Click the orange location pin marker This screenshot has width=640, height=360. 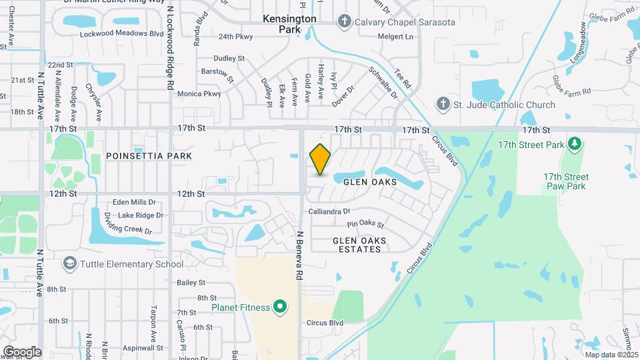(321, 159)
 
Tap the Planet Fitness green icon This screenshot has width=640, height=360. (280, 307)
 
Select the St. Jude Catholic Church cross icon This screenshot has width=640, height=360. (441, 104)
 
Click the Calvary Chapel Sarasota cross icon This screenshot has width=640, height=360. (344, 21)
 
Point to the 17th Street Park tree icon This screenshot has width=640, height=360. (573, 143)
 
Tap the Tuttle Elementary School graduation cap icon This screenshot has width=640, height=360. (69, 264)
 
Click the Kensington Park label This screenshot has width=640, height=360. (289, 25)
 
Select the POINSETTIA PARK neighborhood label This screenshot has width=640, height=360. (149, 156)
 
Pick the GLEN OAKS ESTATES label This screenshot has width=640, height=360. (357, 244)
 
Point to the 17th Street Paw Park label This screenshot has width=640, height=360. (565, 181)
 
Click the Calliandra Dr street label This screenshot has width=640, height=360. (329, 211)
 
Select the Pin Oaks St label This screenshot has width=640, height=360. (366, 225)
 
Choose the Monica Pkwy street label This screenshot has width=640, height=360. (199, 94)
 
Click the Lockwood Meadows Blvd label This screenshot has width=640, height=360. (121, 34)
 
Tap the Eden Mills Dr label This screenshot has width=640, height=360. (134, 202)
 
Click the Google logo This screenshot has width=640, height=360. (22, 351)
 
